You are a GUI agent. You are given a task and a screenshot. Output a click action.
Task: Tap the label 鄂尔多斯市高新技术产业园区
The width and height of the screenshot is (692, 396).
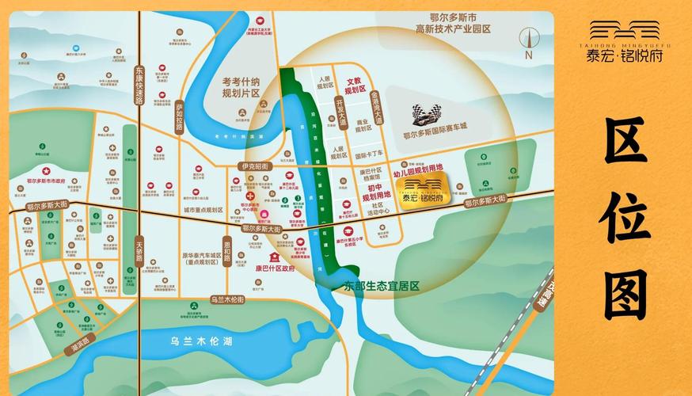(x=454, y=22)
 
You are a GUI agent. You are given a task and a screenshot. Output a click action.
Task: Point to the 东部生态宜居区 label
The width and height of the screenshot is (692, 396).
(x=380, y=284)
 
